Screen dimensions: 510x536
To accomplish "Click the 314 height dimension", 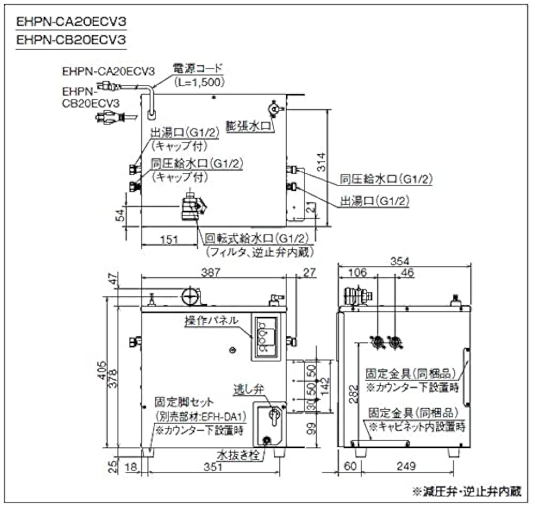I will (321, 162).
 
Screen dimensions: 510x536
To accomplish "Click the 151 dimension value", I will (169, 240).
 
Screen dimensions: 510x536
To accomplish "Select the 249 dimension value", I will (407, 467).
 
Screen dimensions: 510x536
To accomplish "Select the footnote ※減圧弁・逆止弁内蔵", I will (466, 491).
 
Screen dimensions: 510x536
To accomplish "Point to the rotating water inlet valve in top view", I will (191, 206).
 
